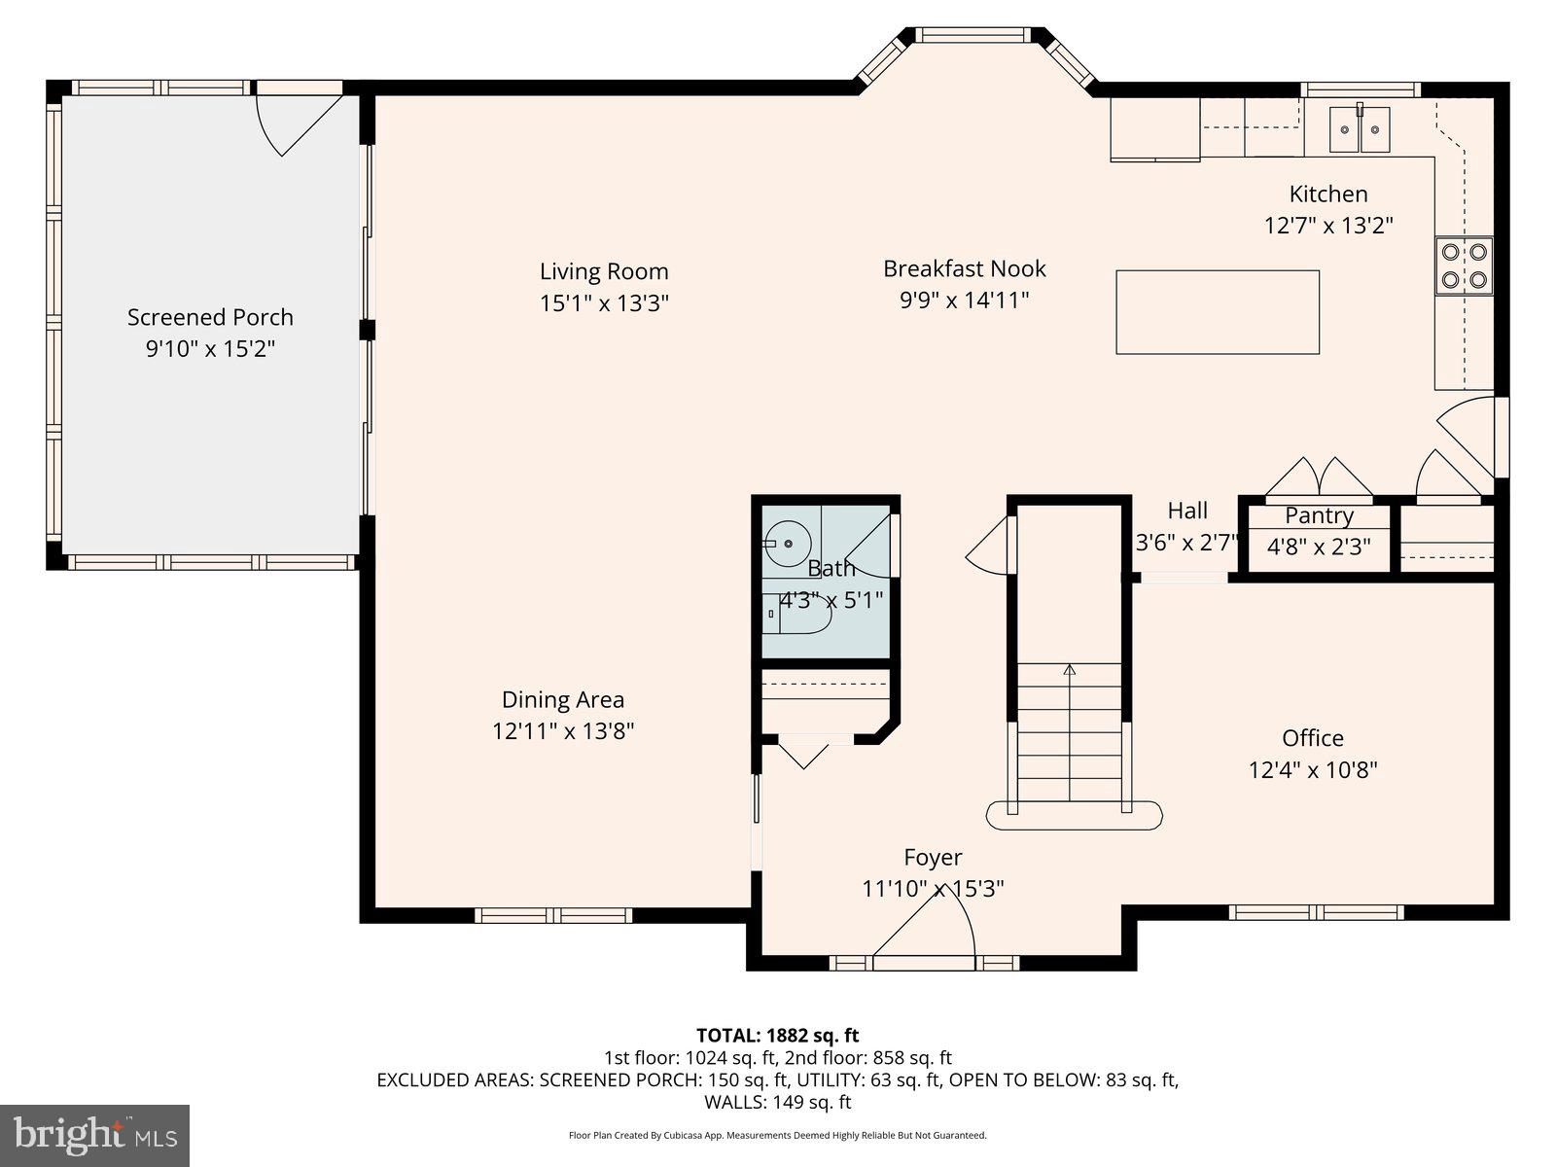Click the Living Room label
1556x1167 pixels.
pyautogui.click(x=604, y=271)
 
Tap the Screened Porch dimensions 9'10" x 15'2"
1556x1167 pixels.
pyautogui.click(x=210, y=348)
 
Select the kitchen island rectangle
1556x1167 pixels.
pyautogui.click(x=1217, y=312)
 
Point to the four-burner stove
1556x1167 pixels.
pyautogui.click(x=1465, y=265)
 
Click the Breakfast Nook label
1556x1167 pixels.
pyautogui.click(x=964, y=268)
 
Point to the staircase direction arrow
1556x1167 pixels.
pyautogui.click(x=1070, y=670)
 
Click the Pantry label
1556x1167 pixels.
pyautogui.click(x=1319, y=515)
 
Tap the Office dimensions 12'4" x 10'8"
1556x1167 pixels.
pyautogui.click(x=1313, y=770)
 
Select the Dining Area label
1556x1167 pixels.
pyautogui.click(x=563, y=699)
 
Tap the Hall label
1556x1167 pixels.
pyautogui.click(x=1187, y=511)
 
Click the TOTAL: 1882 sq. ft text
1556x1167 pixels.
pyautogui.click(x=777, y=1036)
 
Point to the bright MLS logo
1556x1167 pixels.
pyautogui.click(x=94, y=1135)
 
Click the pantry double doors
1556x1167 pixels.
pyautogui.click(x=1319, y=478)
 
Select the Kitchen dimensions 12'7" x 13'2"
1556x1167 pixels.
pyautogui.click(x=1328, y=226)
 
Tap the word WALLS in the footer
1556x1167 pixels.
pyautogui.click(x=734, y=1103)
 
